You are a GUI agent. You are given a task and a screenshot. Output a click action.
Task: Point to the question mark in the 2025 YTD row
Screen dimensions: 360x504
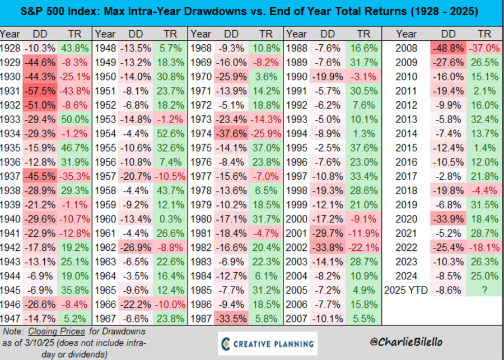pos(486,289)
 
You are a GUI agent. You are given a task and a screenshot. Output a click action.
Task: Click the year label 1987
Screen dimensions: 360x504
pos(202,319)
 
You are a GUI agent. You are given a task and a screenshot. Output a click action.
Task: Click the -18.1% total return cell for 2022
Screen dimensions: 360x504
pos(484,246)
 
